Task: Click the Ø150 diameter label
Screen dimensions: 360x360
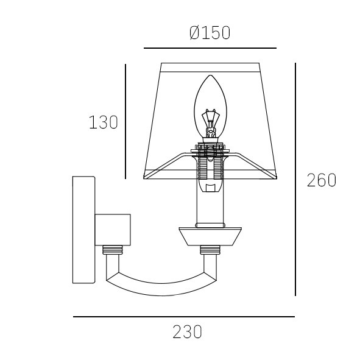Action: coord(210,33)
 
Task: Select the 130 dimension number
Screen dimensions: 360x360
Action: coord(104,122)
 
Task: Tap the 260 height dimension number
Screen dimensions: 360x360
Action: coord(322,180)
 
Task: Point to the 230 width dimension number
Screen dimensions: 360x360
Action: coord(188,331)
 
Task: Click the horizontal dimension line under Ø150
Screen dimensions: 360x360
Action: coord(210,48)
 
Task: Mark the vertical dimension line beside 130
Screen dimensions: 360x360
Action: coord(125,121)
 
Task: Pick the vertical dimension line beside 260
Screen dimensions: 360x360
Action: coord(295,179)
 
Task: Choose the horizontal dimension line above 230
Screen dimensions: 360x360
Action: coord(184,317)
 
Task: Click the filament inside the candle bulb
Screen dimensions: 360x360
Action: coord(210,123)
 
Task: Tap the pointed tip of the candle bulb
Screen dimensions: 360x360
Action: coord(210,76)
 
